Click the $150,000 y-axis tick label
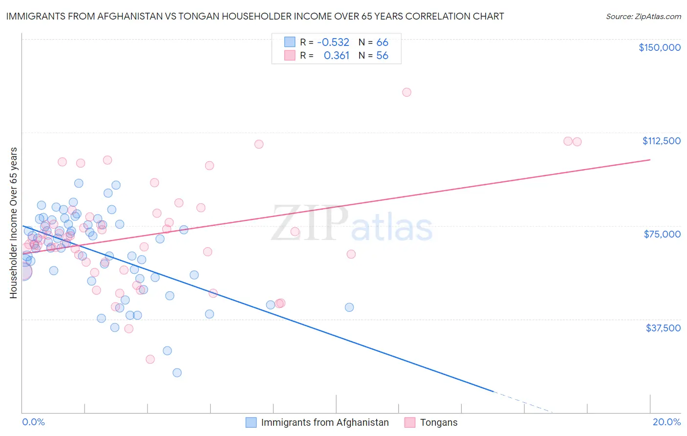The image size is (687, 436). [659, 47]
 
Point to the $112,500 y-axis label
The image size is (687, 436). [661, 141]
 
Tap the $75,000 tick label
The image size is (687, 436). [662, 234]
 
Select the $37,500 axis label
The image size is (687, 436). [663, 328]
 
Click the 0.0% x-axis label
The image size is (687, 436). [33, 422]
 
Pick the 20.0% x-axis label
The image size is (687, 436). [666, 422]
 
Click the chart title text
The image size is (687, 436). [255, 16]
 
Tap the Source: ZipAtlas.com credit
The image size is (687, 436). [643, 16]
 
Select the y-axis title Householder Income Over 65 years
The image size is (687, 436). [14, 223]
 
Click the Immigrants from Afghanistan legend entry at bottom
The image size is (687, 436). [324, 422]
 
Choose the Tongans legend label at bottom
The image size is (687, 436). [438, 422]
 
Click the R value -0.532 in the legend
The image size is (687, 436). [333, 42]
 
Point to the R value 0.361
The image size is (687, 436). [336, 55]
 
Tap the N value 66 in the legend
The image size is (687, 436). [382, 42]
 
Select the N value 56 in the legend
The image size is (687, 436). [382, 55]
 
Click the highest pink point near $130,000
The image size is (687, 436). [407, 92]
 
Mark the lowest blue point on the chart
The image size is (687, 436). [177, 372]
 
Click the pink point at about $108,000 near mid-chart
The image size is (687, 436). [259, 144]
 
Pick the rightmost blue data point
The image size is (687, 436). [349, 307]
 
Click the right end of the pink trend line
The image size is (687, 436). [650, 160]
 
